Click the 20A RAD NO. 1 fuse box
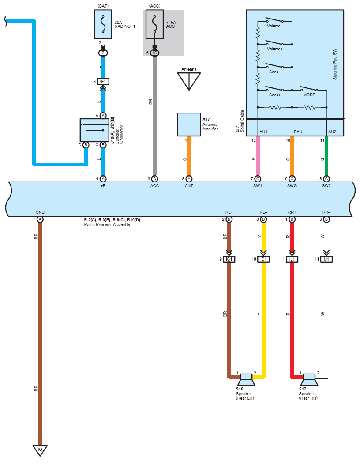(x=103, y=24)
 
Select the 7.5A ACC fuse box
(x=154, y=24)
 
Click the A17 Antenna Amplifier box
(x=189, y=125)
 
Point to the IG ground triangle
(x=40, y=450)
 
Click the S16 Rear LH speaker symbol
(x=246, y=379)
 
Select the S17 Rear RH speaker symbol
(x=309, y=379)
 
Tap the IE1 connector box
(x=103, y=81)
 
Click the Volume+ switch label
(x=275, y=49)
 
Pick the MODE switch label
(x=309, y=95)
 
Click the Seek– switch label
(x=275, y=72)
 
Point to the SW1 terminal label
(x=258, y=186)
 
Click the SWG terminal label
(x=292, y=186)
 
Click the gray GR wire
(x=154, y=116)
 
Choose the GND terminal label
(x=40, y=212)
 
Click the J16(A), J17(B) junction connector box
(x=94, y=130)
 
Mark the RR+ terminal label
(x=292, y=212)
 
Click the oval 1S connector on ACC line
(x=154, y=53)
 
